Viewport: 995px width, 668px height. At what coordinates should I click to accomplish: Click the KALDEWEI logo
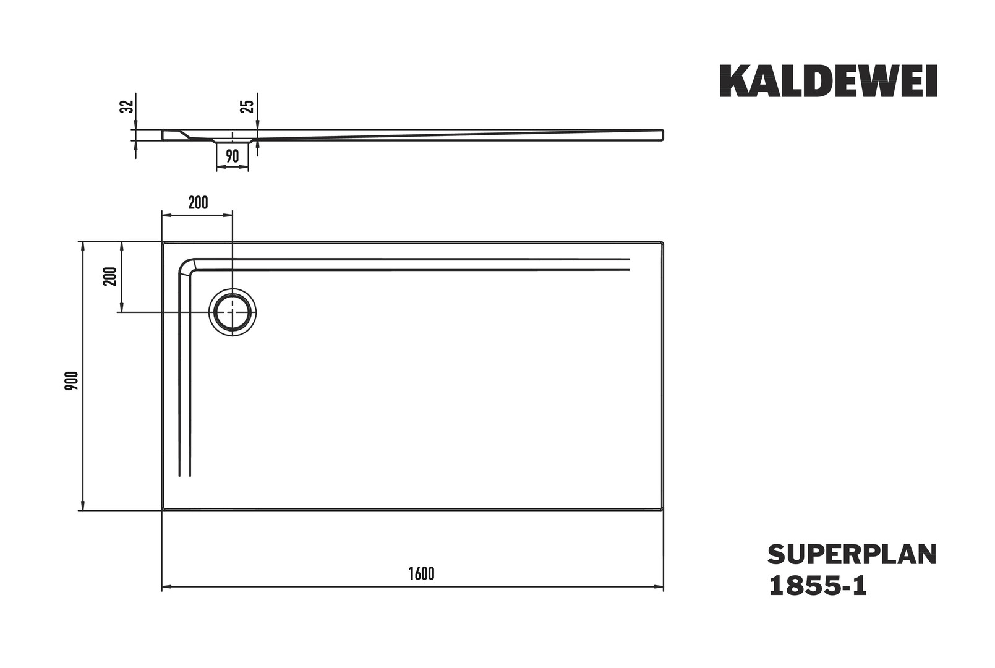click(828, 81)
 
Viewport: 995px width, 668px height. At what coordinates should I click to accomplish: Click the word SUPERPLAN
click(852, 555)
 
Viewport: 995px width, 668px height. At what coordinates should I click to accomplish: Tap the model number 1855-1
click(818, 586)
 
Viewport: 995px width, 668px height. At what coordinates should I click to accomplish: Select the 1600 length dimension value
click(421, 574)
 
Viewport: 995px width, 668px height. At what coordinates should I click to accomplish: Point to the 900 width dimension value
click(72, 380)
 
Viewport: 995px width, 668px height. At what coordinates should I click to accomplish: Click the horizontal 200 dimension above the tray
click(198, 203)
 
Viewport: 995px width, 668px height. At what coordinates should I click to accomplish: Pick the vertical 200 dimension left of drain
click(110, 276)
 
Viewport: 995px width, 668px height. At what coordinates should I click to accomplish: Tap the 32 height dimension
click(127, 106)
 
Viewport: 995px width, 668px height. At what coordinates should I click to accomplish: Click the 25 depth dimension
click(247, 106)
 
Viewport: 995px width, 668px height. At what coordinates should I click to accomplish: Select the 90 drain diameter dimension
click(233, 156)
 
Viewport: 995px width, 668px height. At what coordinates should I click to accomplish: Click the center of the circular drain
click(233, 312)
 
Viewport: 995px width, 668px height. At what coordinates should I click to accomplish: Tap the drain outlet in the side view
click(233, 141)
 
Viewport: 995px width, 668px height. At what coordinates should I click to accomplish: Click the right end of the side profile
click(663, 135)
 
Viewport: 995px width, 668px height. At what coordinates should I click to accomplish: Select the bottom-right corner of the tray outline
click(663, 510)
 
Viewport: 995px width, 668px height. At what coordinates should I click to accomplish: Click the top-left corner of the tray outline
click(163, 243)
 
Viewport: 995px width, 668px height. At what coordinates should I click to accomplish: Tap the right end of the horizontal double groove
click(629, 264)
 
